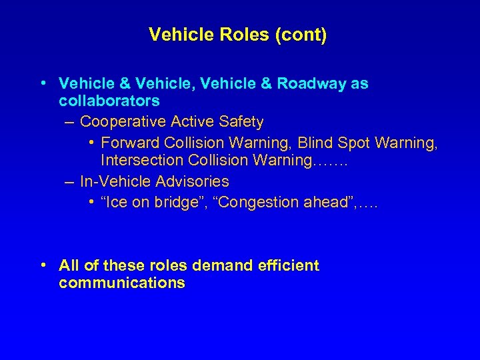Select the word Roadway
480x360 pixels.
[x=309, y=84]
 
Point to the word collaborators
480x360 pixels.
[x=109, y=101]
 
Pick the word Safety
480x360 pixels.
[x=241, y=122]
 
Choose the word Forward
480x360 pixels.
[x=129, y=142]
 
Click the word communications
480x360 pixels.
[x=122, y=283]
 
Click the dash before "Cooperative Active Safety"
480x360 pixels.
[x=70, y=123]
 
